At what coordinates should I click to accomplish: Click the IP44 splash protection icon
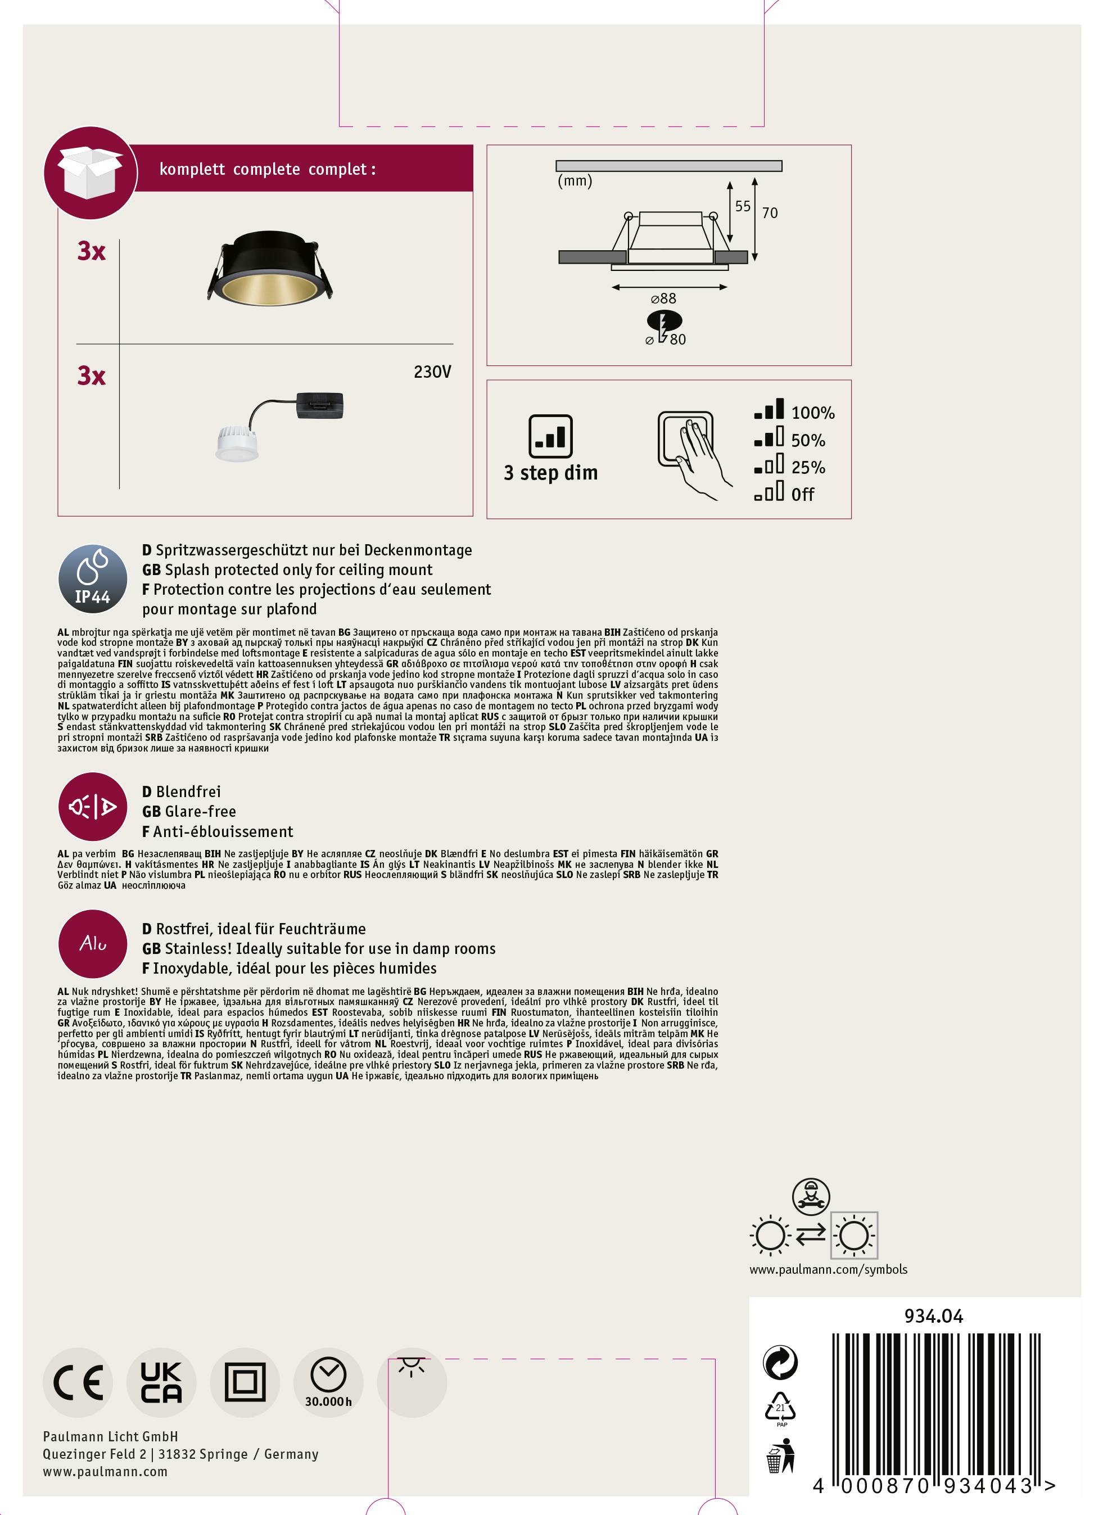coord(92,578)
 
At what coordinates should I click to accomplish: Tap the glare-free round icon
coord(92,807)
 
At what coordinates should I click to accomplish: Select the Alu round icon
coord(92,944)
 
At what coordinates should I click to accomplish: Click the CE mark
coord(78,1383)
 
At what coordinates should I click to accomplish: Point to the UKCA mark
coord(161,1383)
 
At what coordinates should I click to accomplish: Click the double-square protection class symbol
coord(245,1383)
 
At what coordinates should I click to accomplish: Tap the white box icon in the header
coord(90,174)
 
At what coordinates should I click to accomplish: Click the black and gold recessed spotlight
coord(269,276)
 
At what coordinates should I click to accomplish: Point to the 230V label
coord(432,372)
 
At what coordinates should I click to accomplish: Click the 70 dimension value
coord(770,213)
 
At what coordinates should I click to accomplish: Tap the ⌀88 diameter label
coord(664,299)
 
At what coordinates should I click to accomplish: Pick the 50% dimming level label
coord(808,440)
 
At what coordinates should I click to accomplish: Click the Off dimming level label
coord(802,494)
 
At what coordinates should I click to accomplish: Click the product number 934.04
coord(933,1316)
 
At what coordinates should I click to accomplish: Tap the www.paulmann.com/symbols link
coord(828,1269)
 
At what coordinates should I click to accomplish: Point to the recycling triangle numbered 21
coord(780,1408)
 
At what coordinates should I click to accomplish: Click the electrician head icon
coord(810,1196)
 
